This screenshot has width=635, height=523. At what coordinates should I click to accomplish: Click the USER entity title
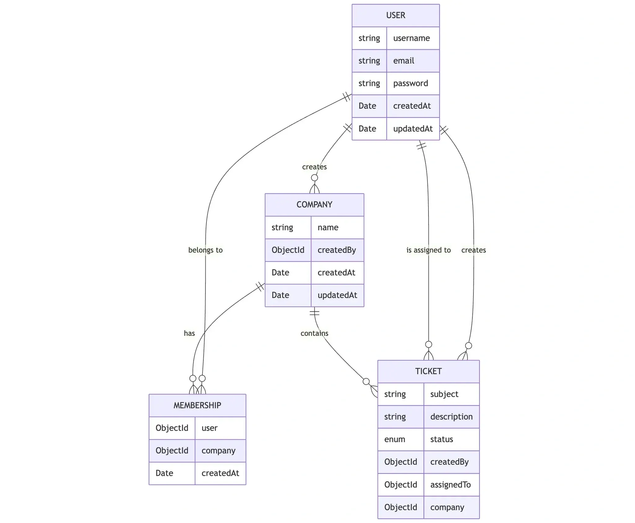tap(395, 15)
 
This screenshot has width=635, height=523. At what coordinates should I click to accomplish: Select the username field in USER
tap(411, 38)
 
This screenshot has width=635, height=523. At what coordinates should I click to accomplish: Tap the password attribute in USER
tap(411, 83)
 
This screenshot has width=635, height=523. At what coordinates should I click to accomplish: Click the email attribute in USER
tap(403, 61)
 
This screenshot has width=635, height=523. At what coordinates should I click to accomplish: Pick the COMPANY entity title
tap(314, 204)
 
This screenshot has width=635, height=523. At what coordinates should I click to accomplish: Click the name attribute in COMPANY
tap(328, 227)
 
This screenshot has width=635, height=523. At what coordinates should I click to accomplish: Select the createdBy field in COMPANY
tap(336, 250)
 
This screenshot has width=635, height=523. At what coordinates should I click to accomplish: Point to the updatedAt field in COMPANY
tap(337, 295)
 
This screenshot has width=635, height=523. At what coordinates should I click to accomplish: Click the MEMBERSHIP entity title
tap(197, 405)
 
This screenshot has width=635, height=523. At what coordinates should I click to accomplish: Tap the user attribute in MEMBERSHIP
tap(209, 428)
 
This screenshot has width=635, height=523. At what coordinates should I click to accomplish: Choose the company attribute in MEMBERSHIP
tap(218, 451)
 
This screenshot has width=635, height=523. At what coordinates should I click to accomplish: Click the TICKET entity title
tap(428, 371)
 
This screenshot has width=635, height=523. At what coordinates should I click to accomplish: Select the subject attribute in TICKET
tap(444, 394)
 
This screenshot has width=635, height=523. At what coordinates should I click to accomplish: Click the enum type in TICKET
tap(394, 439)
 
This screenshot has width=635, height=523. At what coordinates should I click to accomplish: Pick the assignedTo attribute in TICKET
tap(450, 485)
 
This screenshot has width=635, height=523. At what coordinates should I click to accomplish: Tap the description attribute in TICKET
tap(451, 417)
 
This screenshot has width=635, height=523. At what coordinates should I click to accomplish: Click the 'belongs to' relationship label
tap(205, 250)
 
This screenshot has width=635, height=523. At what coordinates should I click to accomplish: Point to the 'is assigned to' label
tap(429, 250)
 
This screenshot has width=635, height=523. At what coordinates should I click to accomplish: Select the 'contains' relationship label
tap(314, 333)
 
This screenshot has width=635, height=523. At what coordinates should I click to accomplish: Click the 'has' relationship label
tap(189, 333)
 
